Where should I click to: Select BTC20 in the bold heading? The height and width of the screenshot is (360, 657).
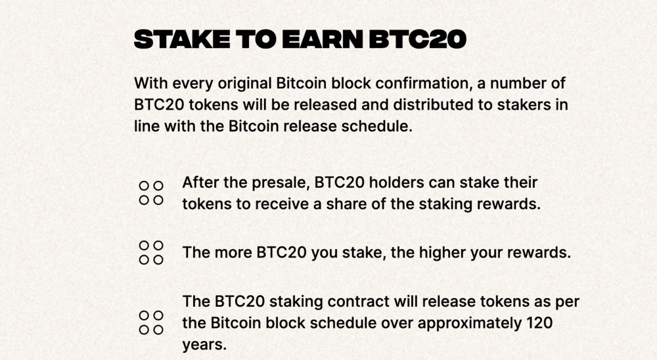click(x=417, y=39)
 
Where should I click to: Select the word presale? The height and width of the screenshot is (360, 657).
click(x=281, y=183)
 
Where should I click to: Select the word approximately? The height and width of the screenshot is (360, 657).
click(x=469, y=323)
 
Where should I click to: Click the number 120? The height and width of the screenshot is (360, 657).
click(x=539, y=323)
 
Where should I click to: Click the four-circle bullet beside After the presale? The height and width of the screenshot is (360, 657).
click(x=151, y=193)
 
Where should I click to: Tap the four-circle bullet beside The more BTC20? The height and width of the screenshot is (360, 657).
click(x=151, y=253)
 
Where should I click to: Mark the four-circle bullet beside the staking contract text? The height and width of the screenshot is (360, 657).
click(x=151, y=323)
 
